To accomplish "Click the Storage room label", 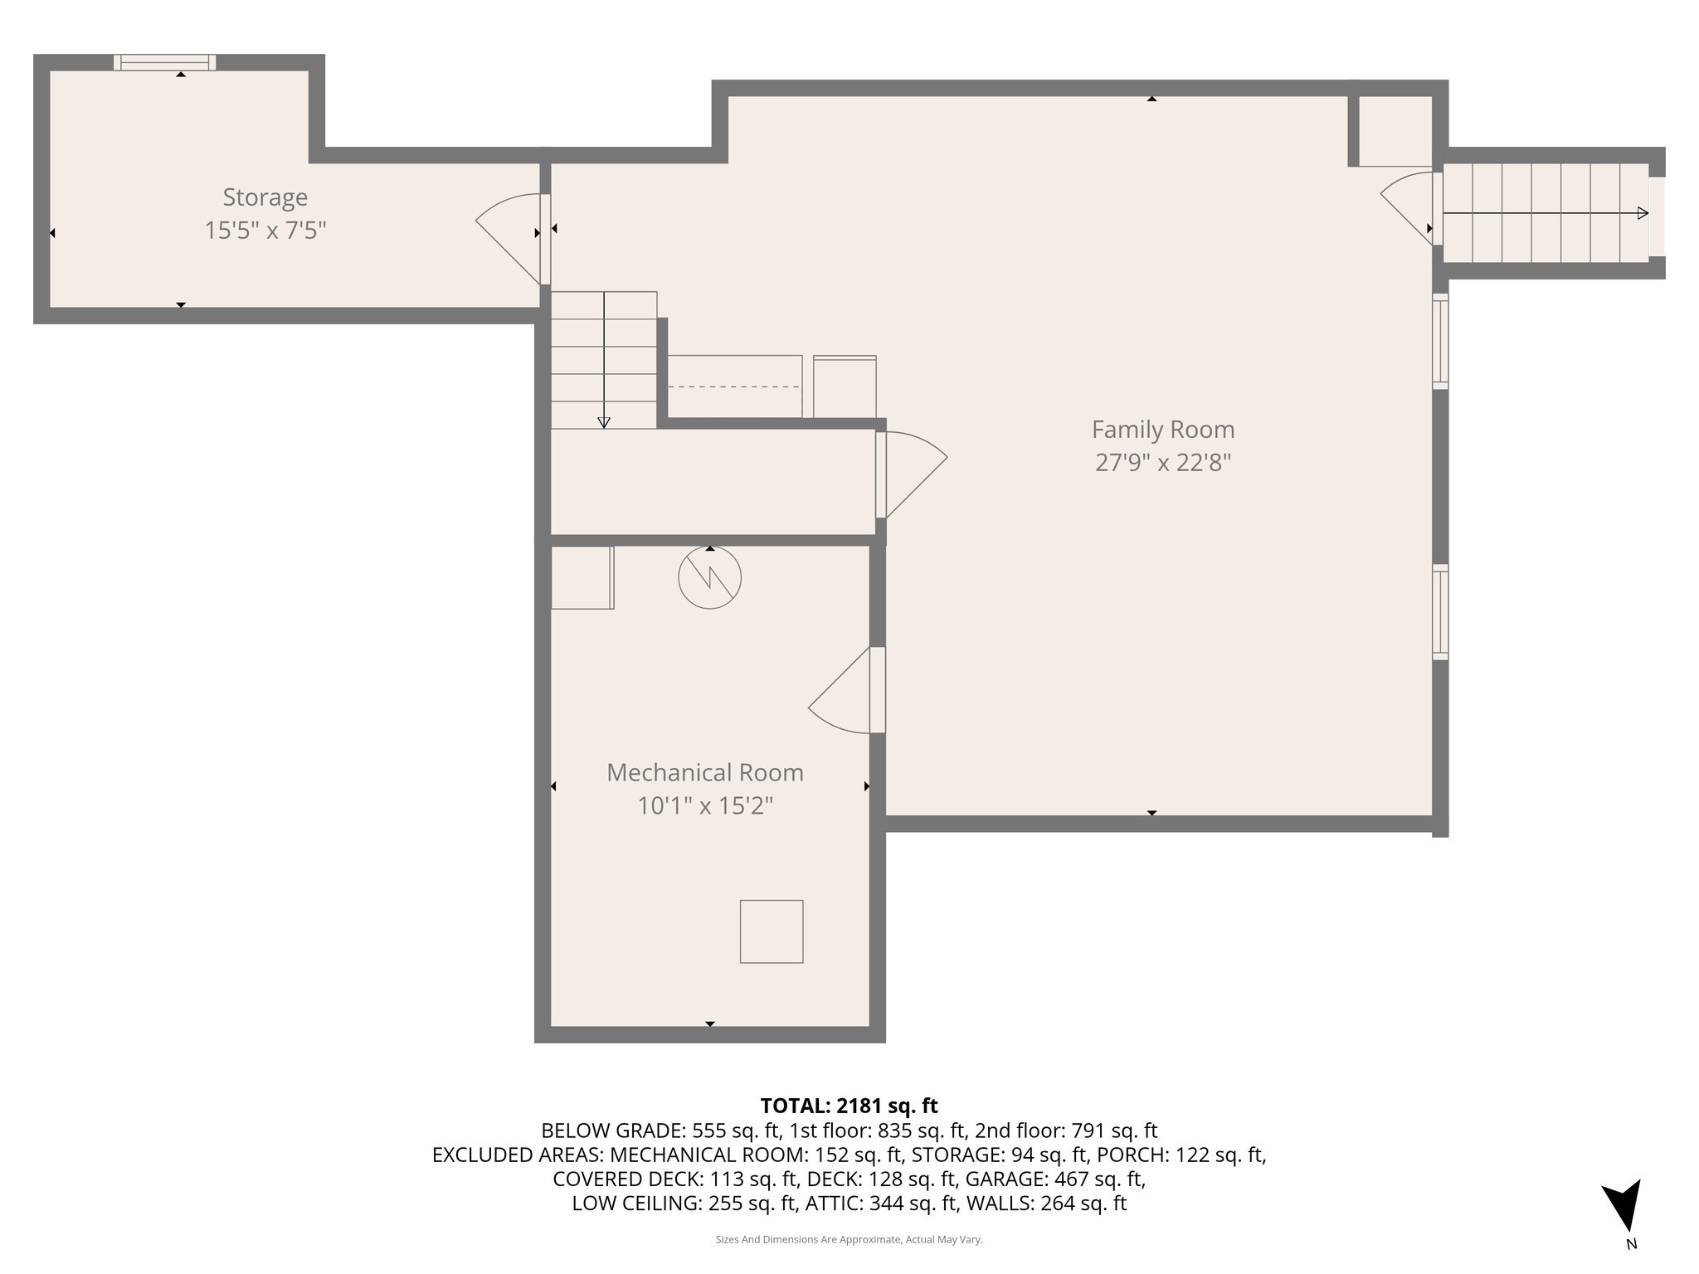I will pos(265,197).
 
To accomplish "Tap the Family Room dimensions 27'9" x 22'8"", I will pos(1162,462).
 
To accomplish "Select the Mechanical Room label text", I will pos(704,772).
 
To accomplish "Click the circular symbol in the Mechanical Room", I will pos(709,578).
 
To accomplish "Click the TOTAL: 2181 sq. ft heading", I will pos(849,1106).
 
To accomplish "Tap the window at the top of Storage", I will pos(164,62).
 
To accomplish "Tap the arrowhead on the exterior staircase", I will pos(1643,213).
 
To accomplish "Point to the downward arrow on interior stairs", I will pos(604,421).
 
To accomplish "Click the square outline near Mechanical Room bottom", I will pos(771,931).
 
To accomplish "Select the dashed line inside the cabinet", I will pos(734,387).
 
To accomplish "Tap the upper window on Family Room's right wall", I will pos(1440,341).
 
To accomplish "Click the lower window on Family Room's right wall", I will pos(1440,612).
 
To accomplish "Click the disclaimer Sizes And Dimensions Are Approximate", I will pos(849,1239).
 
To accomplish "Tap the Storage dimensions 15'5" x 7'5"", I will pos(265,231).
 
